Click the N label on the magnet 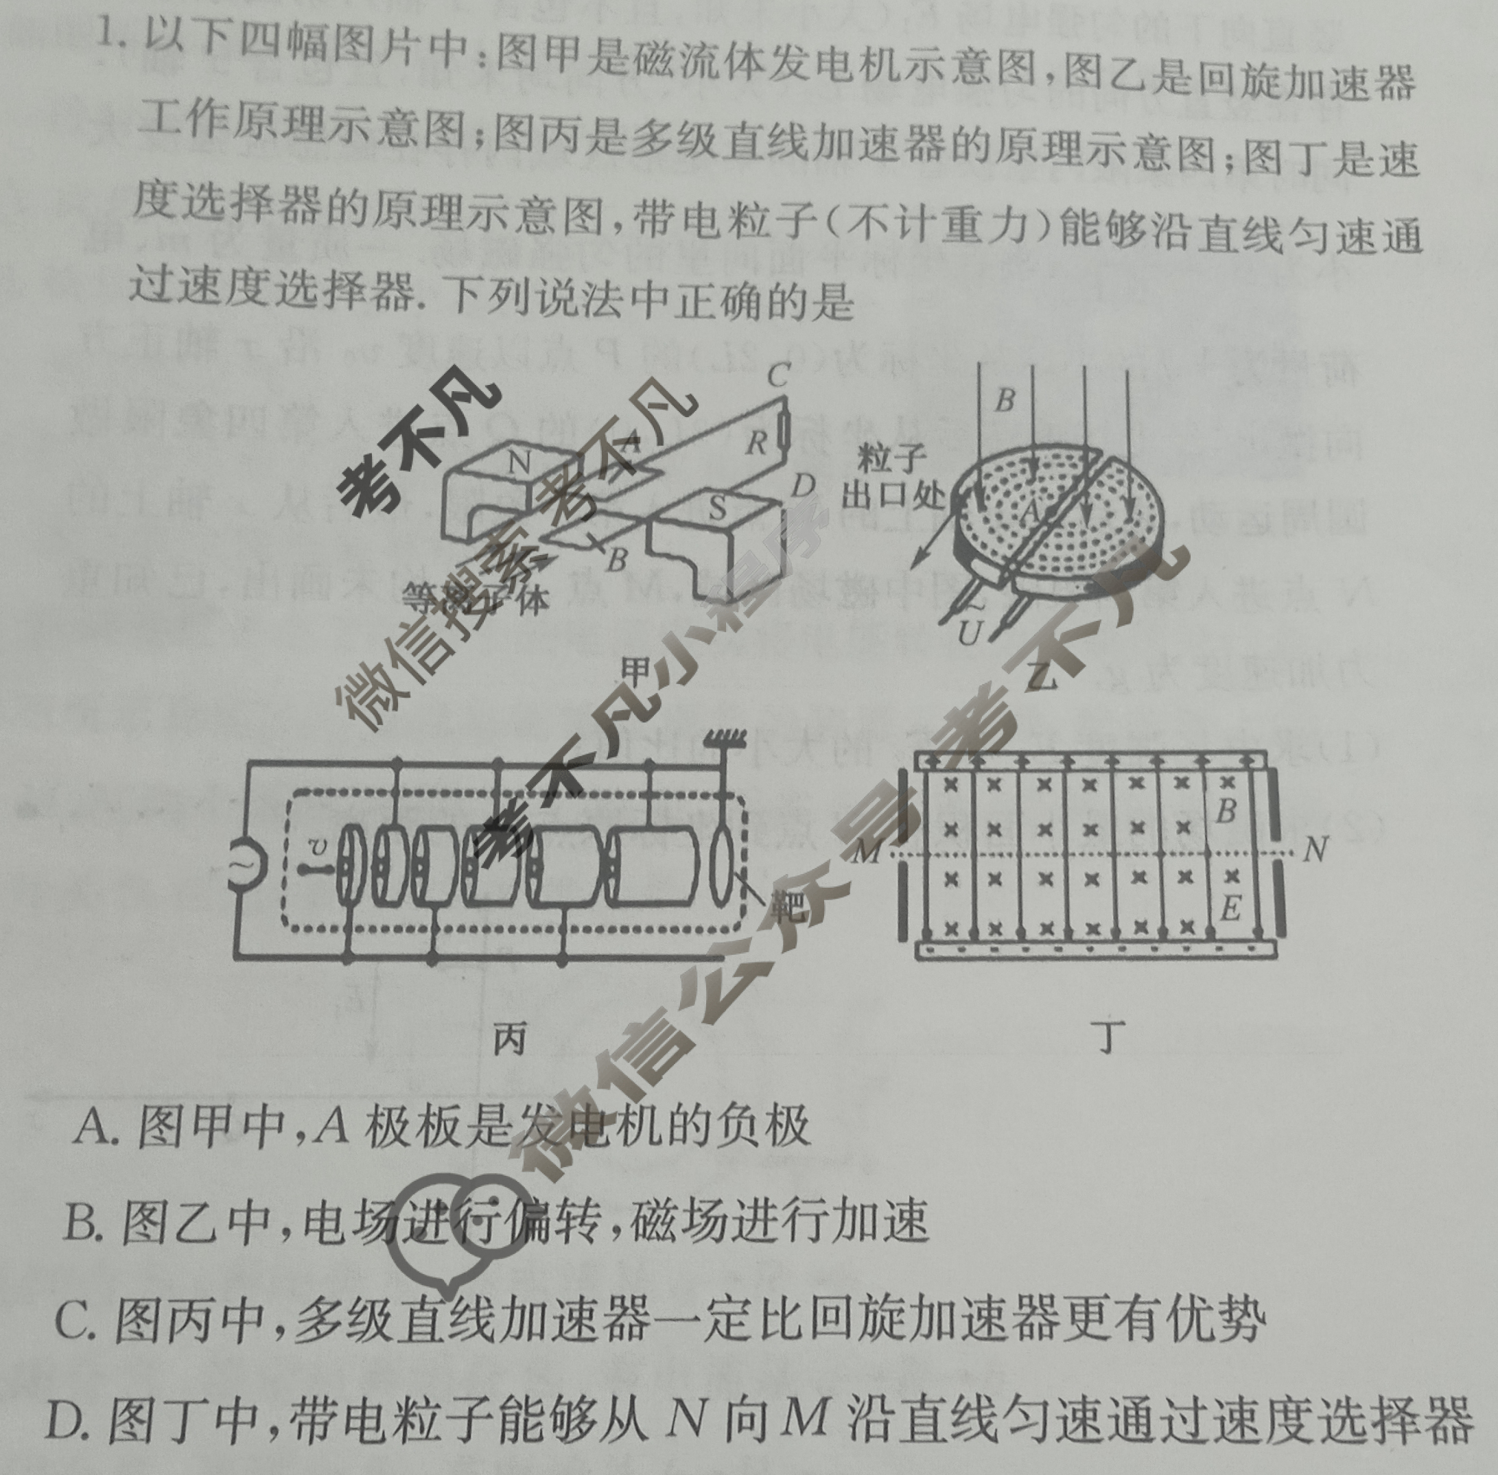[520, 463]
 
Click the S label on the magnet [718, 508]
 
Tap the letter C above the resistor [777, 376]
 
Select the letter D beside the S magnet [804, 486]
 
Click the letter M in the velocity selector [869, 853]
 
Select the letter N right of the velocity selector [1314, 851]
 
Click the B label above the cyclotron [1005, 401]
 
